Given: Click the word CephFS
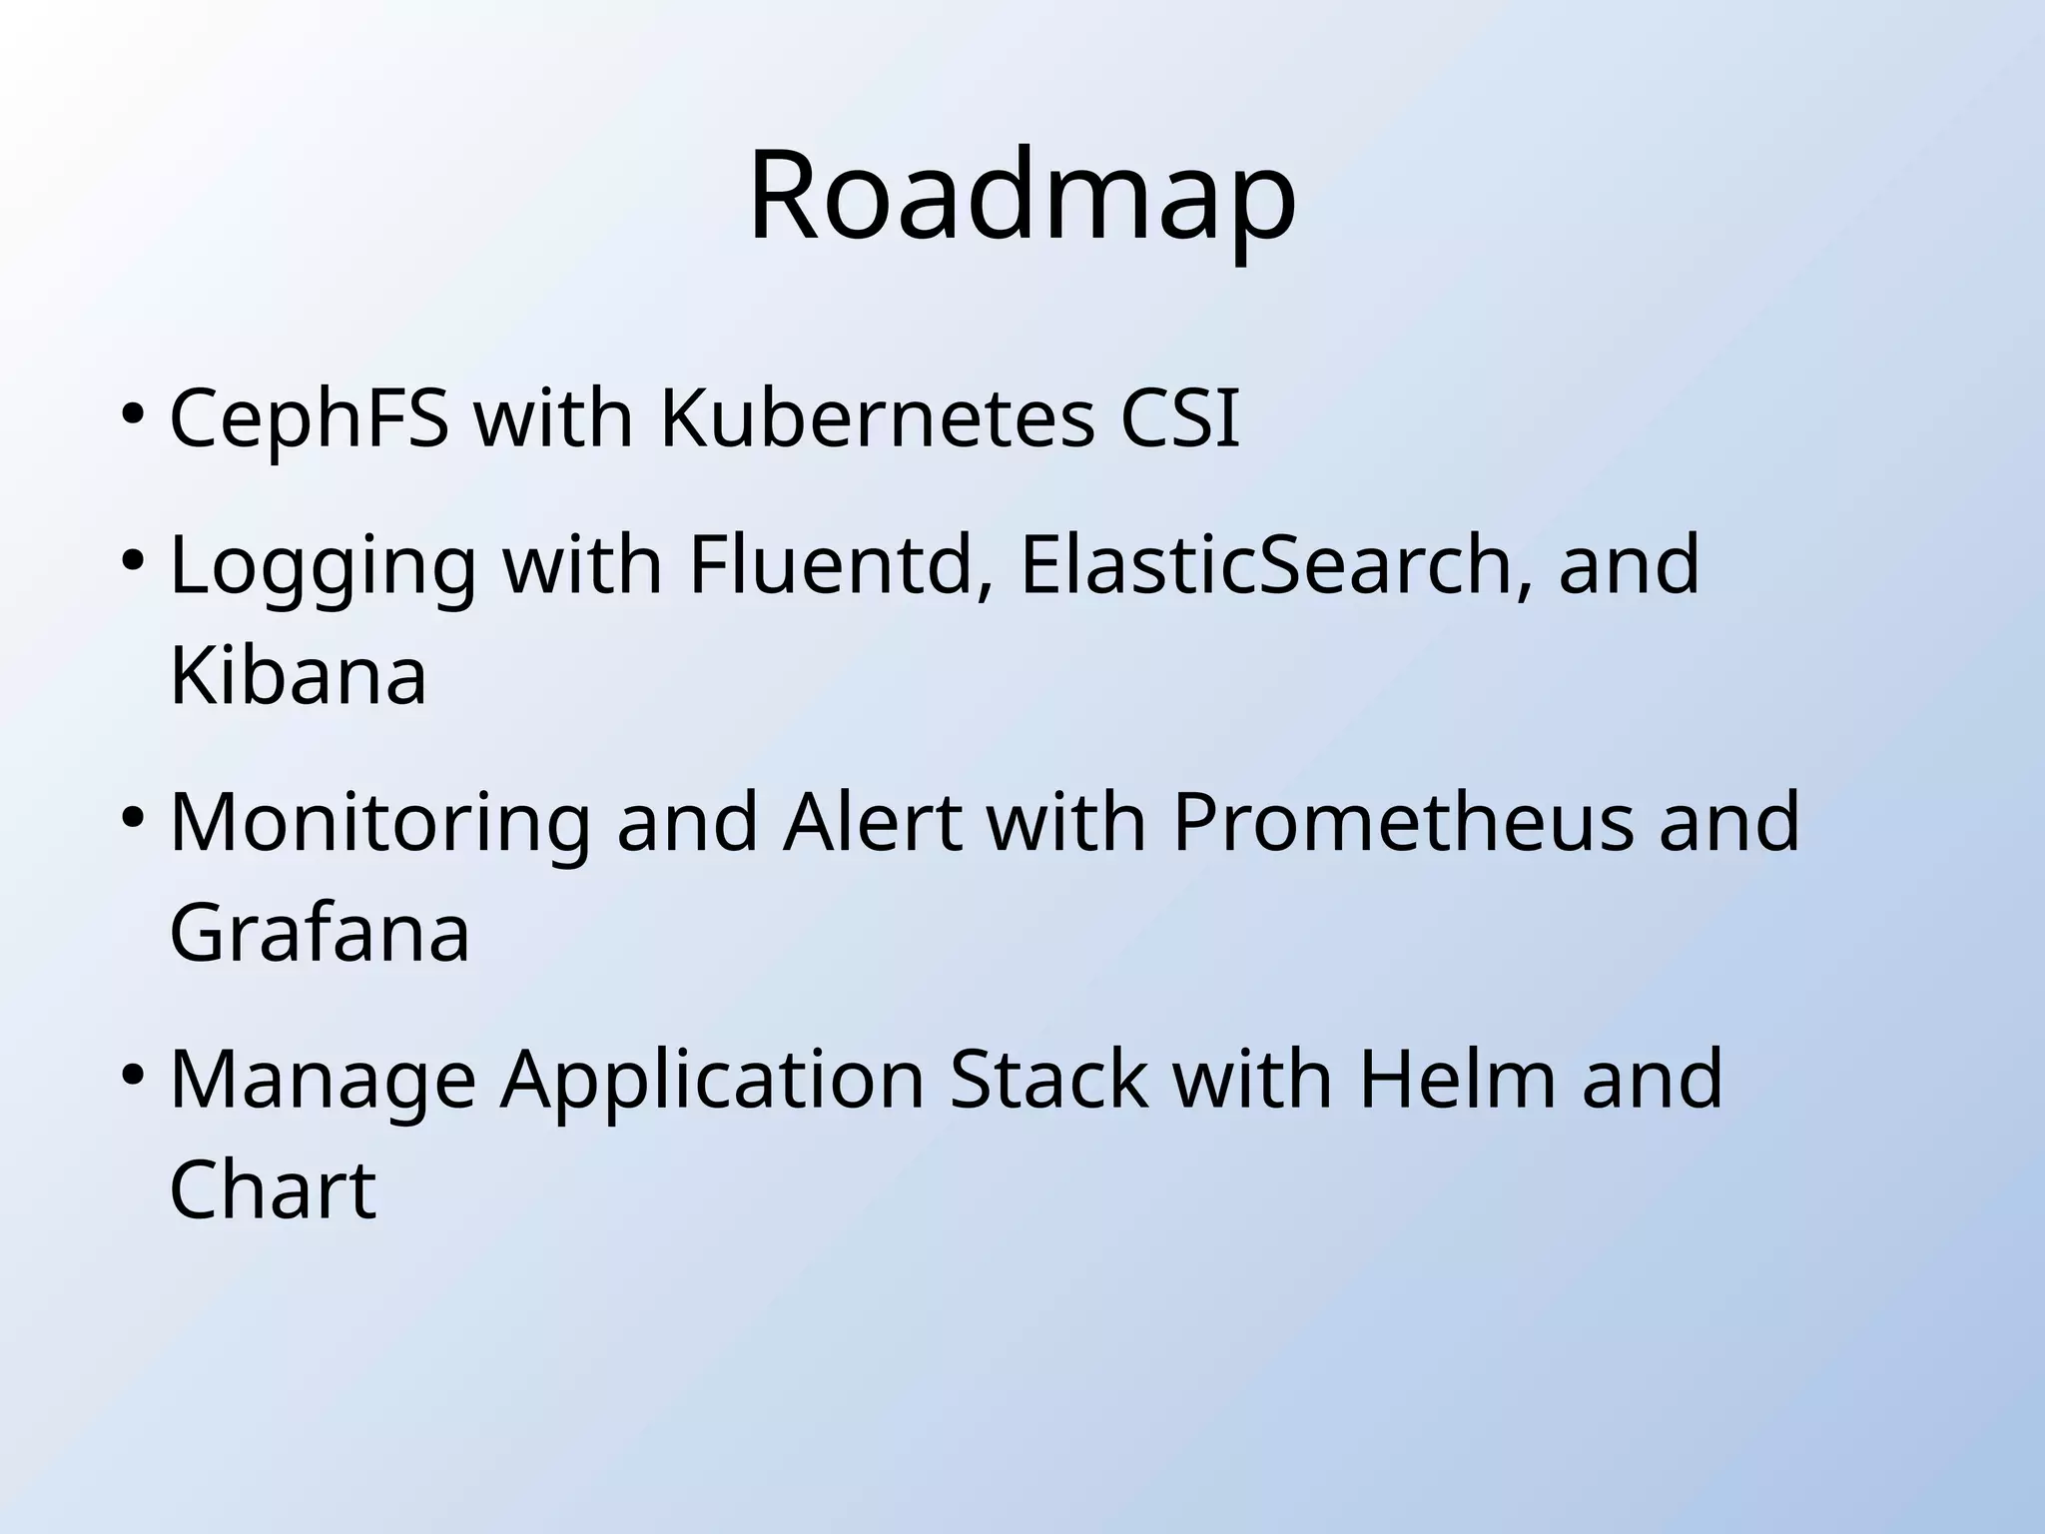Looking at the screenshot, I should tap(309, 417).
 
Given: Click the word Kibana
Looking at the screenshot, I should tap(298, 676).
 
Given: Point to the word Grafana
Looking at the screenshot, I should tap(319, 932).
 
